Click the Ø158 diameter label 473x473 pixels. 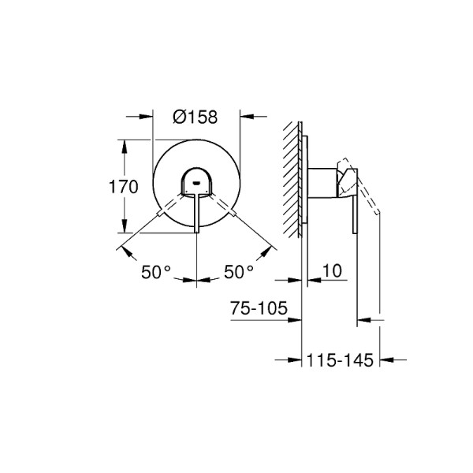[x=195, y=117]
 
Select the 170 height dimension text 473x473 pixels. [x=124, y=187]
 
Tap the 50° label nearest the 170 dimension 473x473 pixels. [x=155, y=272]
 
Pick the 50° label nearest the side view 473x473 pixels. [x=238, y=272]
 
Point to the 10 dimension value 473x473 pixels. [x=332, y=272]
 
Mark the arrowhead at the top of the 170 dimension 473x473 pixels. [x=123, y=144]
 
